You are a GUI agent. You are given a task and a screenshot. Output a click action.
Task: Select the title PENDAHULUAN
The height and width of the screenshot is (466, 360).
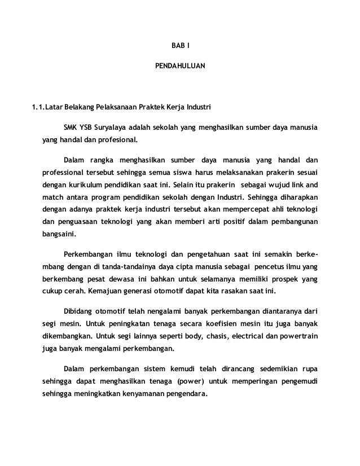[181, 66]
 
